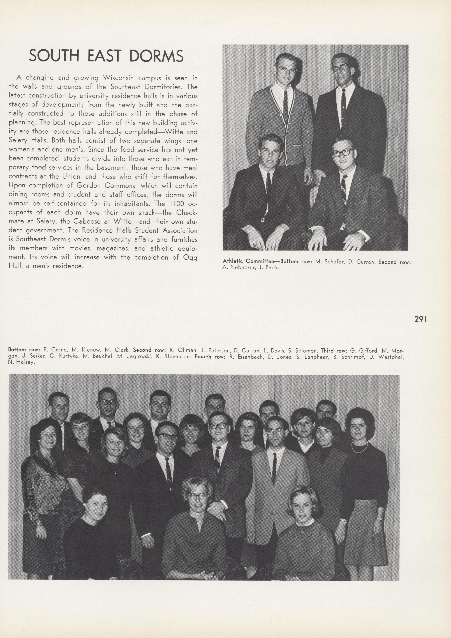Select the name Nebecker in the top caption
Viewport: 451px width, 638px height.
(x=242, y=268)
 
